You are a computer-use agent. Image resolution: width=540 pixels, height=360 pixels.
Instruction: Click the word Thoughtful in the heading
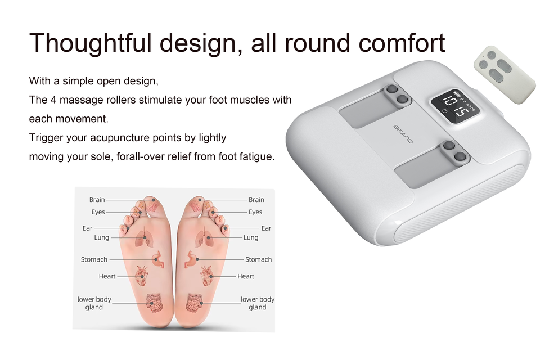click(x=91, y=44)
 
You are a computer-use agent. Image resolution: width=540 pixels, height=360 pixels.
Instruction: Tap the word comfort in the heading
click(x=402, y=43)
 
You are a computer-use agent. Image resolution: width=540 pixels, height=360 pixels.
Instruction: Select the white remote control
click(x=504, y=74)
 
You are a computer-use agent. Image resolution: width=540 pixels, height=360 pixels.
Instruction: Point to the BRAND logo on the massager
click(x=403, y=134)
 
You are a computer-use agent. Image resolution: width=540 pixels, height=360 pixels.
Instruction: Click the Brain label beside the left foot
click(x=97, y=200)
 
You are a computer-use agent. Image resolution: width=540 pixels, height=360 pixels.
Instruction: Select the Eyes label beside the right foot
click(x=255, y=212)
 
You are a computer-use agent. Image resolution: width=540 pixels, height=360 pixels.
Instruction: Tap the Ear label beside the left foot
click(x=88, y=228)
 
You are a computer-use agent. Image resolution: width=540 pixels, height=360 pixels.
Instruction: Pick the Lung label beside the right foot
click(x=251, y=237)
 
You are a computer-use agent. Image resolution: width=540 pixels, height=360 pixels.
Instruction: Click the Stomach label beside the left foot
click(x=94, y=259)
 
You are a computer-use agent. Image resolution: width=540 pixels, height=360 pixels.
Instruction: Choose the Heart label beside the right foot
click(x=246, y=276)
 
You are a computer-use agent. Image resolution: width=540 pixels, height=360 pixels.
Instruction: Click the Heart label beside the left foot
click(x=107, y=276)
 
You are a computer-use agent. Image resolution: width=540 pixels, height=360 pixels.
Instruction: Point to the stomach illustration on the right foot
click(x=191, y=259)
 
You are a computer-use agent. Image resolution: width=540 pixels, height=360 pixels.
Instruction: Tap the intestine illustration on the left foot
click(x=155, y=303)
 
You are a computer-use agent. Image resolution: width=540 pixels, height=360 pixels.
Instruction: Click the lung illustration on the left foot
click(x=142, y=238)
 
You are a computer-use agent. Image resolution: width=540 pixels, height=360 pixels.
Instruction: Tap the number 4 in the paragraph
click(x=53, y=100)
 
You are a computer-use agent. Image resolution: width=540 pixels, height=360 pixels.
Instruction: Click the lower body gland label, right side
click(x=257, y=303)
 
